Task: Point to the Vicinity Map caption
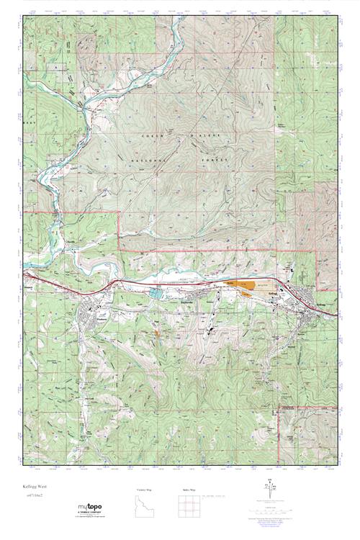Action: (x=145, y=490)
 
